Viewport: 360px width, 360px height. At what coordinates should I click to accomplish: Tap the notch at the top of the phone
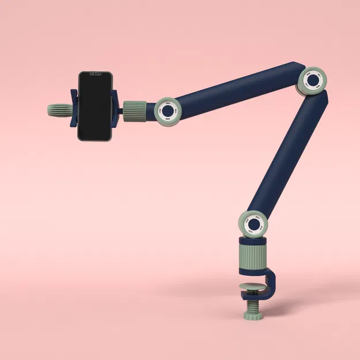(x=94, y=74)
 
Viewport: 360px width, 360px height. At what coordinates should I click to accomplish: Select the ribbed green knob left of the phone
(x=58, y=109)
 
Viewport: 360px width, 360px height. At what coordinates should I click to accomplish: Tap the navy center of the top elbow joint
(x=313, y=81)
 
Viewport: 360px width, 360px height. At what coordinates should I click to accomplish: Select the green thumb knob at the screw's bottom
(x=252, y=316)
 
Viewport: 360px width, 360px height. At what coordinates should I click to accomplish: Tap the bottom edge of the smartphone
(x=94, y=139)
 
